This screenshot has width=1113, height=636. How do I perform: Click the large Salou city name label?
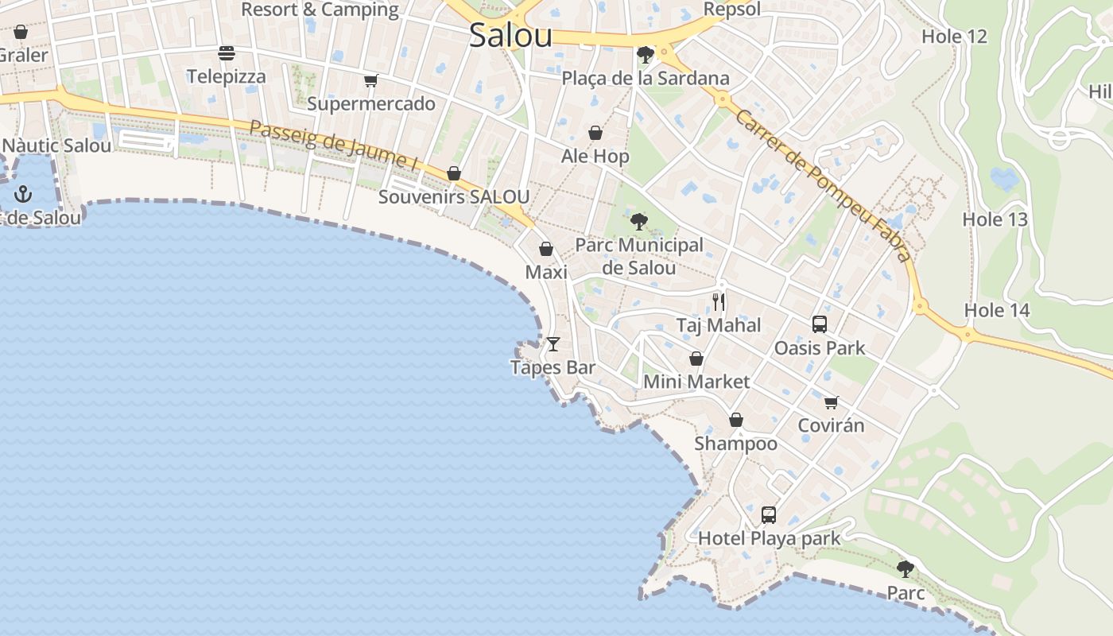pyautogui.click(x=510, y=36)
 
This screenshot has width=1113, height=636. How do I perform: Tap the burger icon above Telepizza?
pyautogui.click(x=227, y=53)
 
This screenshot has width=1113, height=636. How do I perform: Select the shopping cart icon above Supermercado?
pyautogui.click(x=370, y=80)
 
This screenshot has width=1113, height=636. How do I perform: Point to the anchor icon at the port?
pyautogui.click(x=24, y=193)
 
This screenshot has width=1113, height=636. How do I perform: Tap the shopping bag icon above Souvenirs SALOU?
pyautogui.click(x=454, y=173)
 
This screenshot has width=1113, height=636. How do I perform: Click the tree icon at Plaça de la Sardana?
pyautogui.click(x=646, y=54)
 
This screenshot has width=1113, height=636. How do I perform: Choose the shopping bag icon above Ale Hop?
pyautogui.click(x=595, y=133)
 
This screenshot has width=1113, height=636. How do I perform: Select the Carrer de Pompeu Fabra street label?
pyautogui.click(x=822, y=185)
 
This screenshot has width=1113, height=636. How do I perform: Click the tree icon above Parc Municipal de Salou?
pyautogui.click(x=638, y=222)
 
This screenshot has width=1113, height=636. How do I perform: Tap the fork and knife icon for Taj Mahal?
pyautogui.click(x=719, y=301)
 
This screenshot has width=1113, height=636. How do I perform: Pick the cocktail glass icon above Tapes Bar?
pyautogui.click(x=553, y=344)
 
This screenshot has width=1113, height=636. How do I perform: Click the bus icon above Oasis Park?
pyautogui.click(x=820, y=324)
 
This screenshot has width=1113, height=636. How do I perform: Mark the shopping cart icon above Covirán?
pyautogui.click(x=832, y=401)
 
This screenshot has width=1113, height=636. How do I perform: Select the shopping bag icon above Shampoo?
pyautogui.click(x=736, y=419)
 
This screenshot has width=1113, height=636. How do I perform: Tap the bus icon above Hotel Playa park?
pyautogui.click(x=769, y=514)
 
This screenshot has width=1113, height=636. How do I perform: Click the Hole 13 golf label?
pyautogui.click(x=995, y=219)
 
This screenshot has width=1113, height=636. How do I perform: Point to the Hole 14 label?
pyautogui.click(x=997, y=310)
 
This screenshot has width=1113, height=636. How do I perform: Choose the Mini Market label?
pyautogui.click(x=696, y=382)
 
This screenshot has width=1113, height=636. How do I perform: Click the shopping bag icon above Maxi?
pyautogui.click(x=546, y=249)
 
